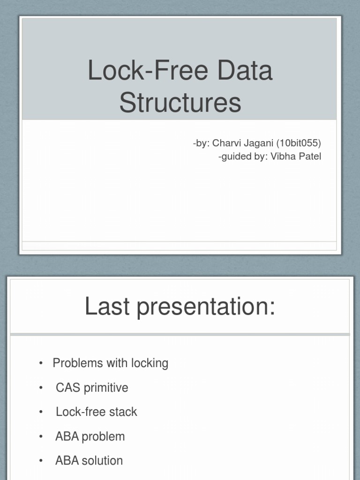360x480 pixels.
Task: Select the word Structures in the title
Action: (x=180, y=103)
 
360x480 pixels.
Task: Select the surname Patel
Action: (x=309, y=157)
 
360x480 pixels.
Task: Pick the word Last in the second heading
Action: (x=106, y=307)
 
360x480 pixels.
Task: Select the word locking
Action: (x=150, y=364)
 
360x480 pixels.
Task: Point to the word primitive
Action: (x=105, y=388)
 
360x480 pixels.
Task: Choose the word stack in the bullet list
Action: (x=123, y=412)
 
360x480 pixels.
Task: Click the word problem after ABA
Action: (x=103, y=437)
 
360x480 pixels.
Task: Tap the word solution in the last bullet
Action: (x=102, y=461)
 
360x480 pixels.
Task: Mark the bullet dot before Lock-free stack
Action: (x=41, y=412)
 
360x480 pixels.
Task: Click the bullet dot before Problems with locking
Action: (x=41, y=363)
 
